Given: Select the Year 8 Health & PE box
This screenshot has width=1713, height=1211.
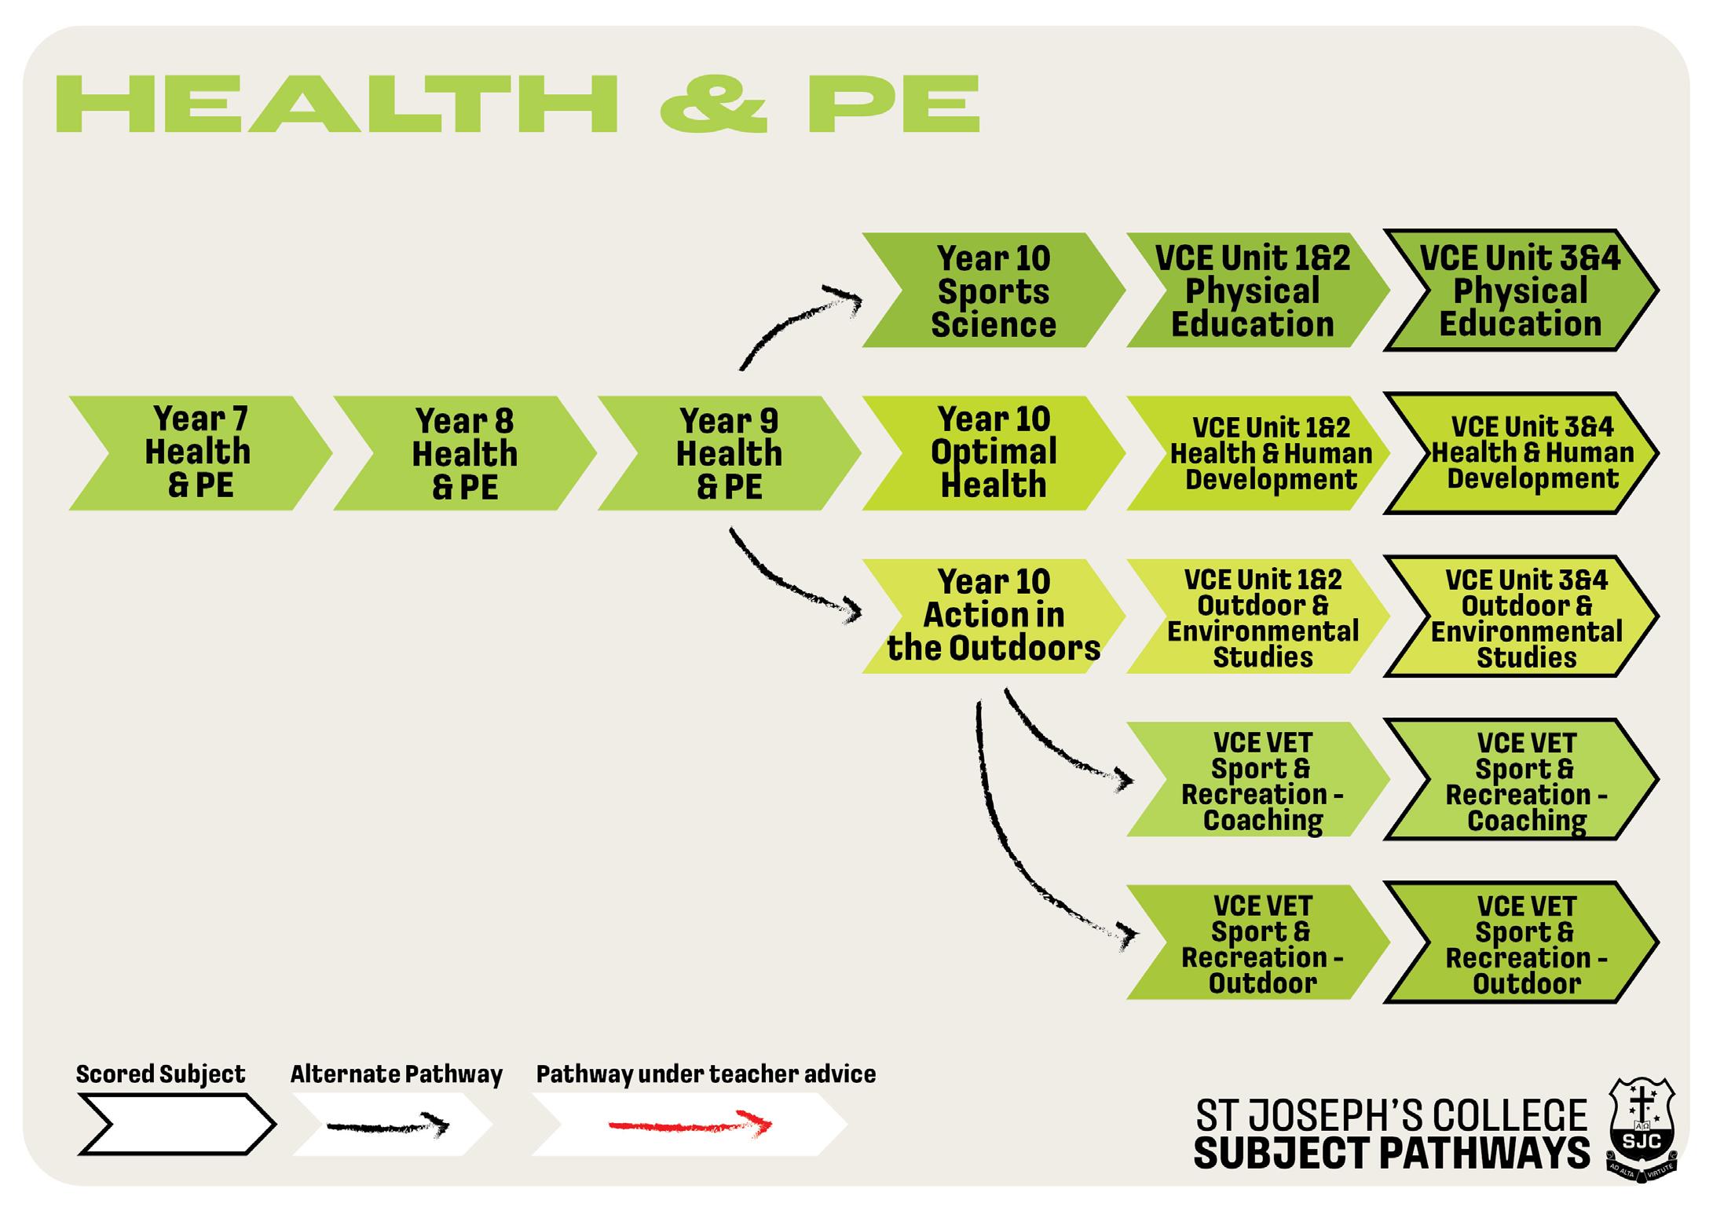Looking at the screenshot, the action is (464, 453).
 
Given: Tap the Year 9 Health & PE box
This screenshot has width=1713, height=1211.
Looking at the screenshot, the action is (729, 453).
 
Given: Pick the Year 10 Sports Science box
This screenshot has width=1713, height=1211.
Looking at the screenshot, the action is (994, 291).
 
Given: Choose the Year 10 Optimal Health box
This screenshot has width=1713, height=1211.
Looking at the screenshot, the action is (994, 453).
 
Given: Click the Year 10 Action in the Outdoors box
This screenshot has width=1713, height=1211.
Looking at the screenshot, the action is (994, 616).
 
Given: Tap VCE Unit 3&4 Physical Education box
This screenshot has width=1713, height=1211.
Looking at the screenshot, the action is (1520, 291).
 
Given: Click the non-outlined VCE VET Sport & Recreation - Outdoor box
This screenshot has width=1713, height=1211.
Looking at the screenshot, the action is (1261, 942).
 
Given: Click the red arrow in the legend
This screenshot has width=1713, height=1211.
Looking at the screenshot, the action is (690, 1125).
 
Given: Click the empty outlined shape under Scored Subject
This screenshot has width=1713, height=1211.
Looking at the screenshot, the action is (177, 1125).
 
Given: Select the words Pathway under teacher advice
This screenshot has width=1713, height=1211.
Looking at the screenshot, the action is (705, 1074).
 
